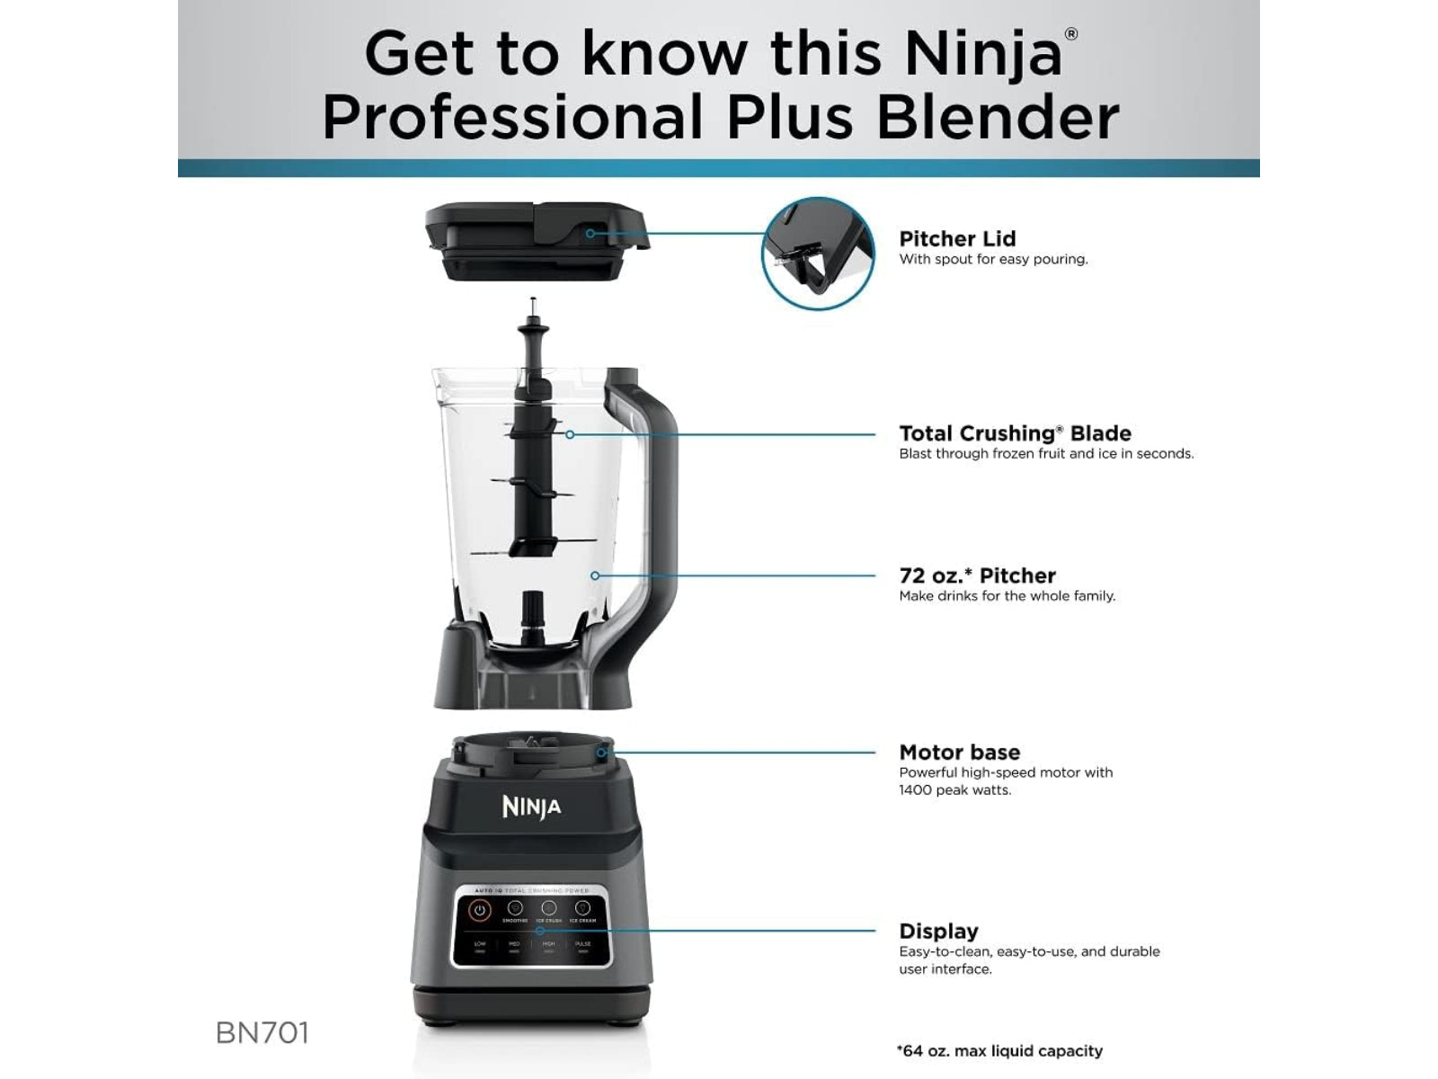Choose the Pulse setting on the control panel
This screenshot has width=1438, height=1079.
pyautogui.click(x=582, y=945)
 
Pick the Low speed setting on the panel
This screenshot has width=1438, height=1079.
pyautogui.click(x=480, y=945)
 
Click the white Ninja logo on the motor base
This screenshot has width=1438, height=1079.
pyautogui.click(x=531, y=807)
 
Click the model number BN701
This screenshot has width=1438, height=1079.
pyautogui.click(x=262, y=1033)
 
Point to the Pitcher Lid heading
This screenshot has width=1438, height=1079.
pyautogui.click(x=957, y=239)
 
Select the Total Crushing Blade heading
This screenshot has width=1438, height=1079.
pyautogui.click(x=1015, y=433)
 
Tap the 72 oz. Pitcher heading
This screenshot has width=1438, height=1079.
pyautogui.click(x=977, y=575)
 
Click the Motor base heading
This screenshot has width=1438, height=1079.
pyautogui.click(x=959, y=753)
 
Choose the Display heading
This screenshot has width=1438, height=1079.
pyautogui.click(x=938, y=932)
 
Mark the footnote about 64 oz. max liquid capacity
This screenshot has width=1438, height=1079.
pyautogui.click(x=999, y=1051)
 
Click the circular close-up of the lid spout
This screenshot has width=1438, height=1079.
pyautogui.click(x=818, y=254)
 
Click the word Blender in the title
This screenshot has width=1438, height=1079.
pyautogui.click(x=998, y=118)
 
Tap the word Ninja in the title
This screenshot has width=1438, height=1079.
pyautogui.click(x=982, y=54)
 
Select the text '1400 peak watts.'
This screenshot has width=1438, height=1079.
pyautogui.click(x=954, y=790)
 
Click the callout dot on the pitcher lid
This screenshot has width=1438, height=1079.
pyautogui.click(x=590, y=234)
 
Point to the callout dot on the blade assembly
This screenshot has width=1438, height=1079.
pyautogui.click(x=570, y=434)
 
